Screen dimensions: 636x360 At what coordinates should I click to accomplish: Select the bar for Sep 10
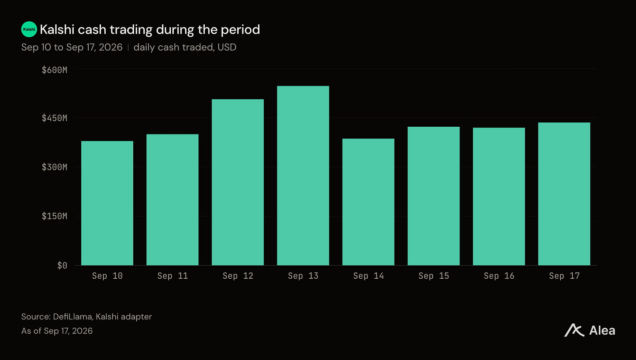[x=107, y=203]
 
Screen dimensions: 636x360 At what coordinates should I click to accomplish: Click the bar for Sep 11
[x=173, y=200]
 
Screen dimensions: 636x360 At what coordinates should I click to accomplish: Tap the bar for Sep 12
[x=238, y=182]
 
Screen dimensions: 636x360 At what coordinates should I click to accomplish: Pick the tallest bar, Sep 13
[x=303, y=176]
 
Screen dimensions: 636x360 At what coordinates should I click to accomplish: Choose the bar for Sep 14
[x=368, y=202]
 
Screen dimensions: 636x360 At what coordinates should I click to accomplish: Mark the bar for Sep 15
[x=434, y=196]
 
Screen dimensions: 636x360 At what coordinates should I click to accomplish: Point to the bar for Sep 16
[x=499, y=197]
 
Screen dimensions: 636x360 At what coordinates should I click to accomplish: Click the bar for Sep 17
[x=564, y=194]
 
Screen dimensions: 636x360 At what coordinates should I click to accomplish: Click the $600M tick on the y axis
[x=55, y=70]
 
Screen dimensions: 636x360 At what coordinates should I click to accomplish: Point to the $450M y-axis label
[x=55, y=118]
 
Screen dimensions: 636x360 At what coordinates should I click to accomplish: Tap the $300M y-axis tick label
[x=55, y=167]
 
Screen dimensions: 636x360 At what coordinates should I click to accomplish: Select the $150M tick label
[x=55, y=216]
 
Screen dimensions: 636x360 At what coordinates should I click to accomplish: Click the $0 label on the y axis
[x=62, y=266]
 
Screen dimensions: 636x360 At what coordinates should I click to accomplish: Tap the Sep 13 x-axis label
[x=303, y=276]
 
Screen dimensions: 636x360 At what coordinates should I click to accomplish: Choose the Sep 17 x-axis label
[x=564, y=276]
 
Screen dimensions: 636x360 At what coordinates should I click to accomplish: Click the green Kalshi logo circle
[x=29, y=29]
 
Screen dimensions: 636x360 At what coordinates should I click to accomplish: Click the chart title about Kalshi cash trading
[x=150, y=30]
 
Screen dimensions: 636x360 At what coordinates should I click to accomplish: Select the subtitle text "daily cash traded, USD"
[x=185, y=47]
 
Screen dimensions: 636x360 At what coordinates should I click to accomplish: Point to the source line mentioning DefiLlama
[x=86, y=317]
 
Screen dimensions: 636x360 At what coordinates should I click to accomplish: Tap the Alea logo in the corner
[x=590, y=330]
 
